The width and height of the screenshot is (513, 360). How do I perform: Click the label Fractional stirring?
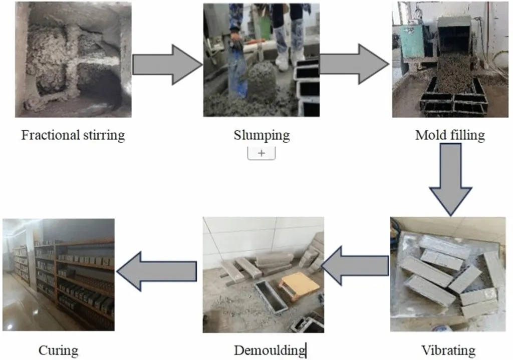pyautogui.click(x=73, y=135)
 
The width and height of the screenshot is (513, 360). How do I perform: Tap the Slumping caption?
pyautogui.click(x=262, y=135)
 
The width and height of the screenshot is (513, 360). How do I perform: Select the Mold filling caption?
pyautogui.click(x=449, y=135)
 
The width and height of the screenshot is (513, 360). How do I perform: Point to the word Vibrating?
pyautogui.click(x=448, y=350)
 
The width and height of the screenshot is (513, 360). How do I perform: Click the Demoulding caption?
pyautogui.click(x=270, y=350)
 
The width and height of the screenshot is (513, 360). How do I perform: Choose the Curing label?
pyautogui.click(x=58, y=350)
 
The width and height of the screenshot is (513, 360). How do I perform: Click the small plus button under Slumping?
pyautogui.click(x=262, y=153)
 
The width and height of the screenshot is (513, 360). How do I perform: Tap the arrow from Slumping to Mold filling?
pyautogui.click(x=354, y=64)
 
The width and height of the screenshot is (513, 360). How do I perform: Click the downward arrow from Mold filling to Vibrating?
pyautogui.click(x=450, y=178)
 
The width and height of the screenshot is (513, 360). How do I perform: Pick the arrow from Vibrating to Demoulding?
pyautogui.click(x=356, y=265)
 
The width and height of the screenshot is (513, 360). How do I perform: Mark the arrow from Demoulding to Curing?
pyautogui.click(x=156, y=271)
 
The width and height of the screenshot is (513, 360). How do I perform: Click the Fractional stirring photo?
pyautogui.click(x=73, y=60)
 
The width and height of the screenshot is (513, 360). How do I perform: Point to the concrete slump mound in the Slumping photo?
pyautogui.click(x=262, y=80)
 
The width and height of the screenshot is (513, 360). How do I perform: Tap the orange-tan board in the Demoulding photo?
pyautogui.click(x=300, y=285)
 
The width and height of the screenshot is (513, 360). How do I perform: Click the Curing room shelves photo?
pyautogui.click(x=58, y=274)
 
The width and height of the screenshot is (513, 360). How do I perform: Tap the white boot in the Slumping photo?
pyautogui.click(x=282, y=59)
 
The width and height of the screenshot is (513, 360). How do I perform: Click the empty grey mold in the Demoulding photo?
pyautogui.click(x=271, y=295)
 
